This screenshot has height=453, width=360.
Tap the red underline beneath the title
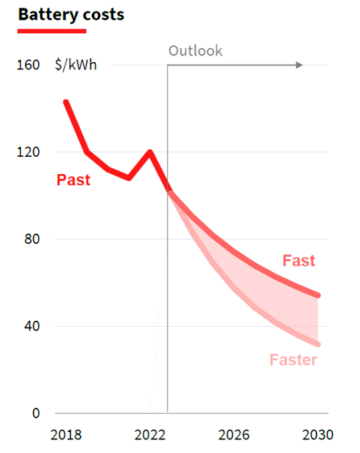pyautogui.click(x=52, y=30)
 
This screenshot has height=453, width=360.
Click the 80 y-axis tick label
pyautogui.click(x=32, y=239)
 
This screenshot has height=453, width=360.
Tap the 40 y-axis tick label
pyautogui.click(x=32, y=326)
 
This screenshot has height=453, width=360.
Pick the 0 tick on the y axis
pyautogui.click(x=36, y=413)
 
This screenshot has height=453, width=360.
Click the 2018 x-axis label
pyautogui.click(x=66, y=435)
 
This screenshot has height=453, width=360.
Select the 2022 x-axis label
pyautogui.click(x=150, y=435)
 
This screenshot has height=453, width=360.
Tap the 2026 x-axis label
pyautogui.click(x=234, y=435)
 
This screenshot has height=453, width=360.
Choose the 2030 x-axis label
pyautogui.click(x=317, y=435)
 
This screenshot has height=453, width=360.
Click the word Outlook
pyautogui.click(x=195, y=51)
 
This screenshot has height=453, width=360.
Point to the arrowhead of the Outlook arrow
pyautogui.click(x=299, y=65)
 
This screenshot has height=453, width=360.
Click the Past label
pyautogui.click(x=73, y=180)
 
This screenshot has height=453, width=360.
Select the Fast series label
pyautogui.click(x=299, y=261)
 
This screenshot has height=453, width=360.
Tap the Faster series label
pyautogui.click(x=293, y=360)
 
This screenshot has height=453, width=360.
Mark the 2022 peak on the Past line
pyautogui.click(x=150, y=153)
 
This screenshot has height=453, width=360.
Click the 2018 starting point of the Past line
pyautogui.click(x=66, y=102)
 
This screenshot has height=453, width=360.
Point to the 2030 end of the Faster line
pyautogui.click(x=317, y=344)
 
